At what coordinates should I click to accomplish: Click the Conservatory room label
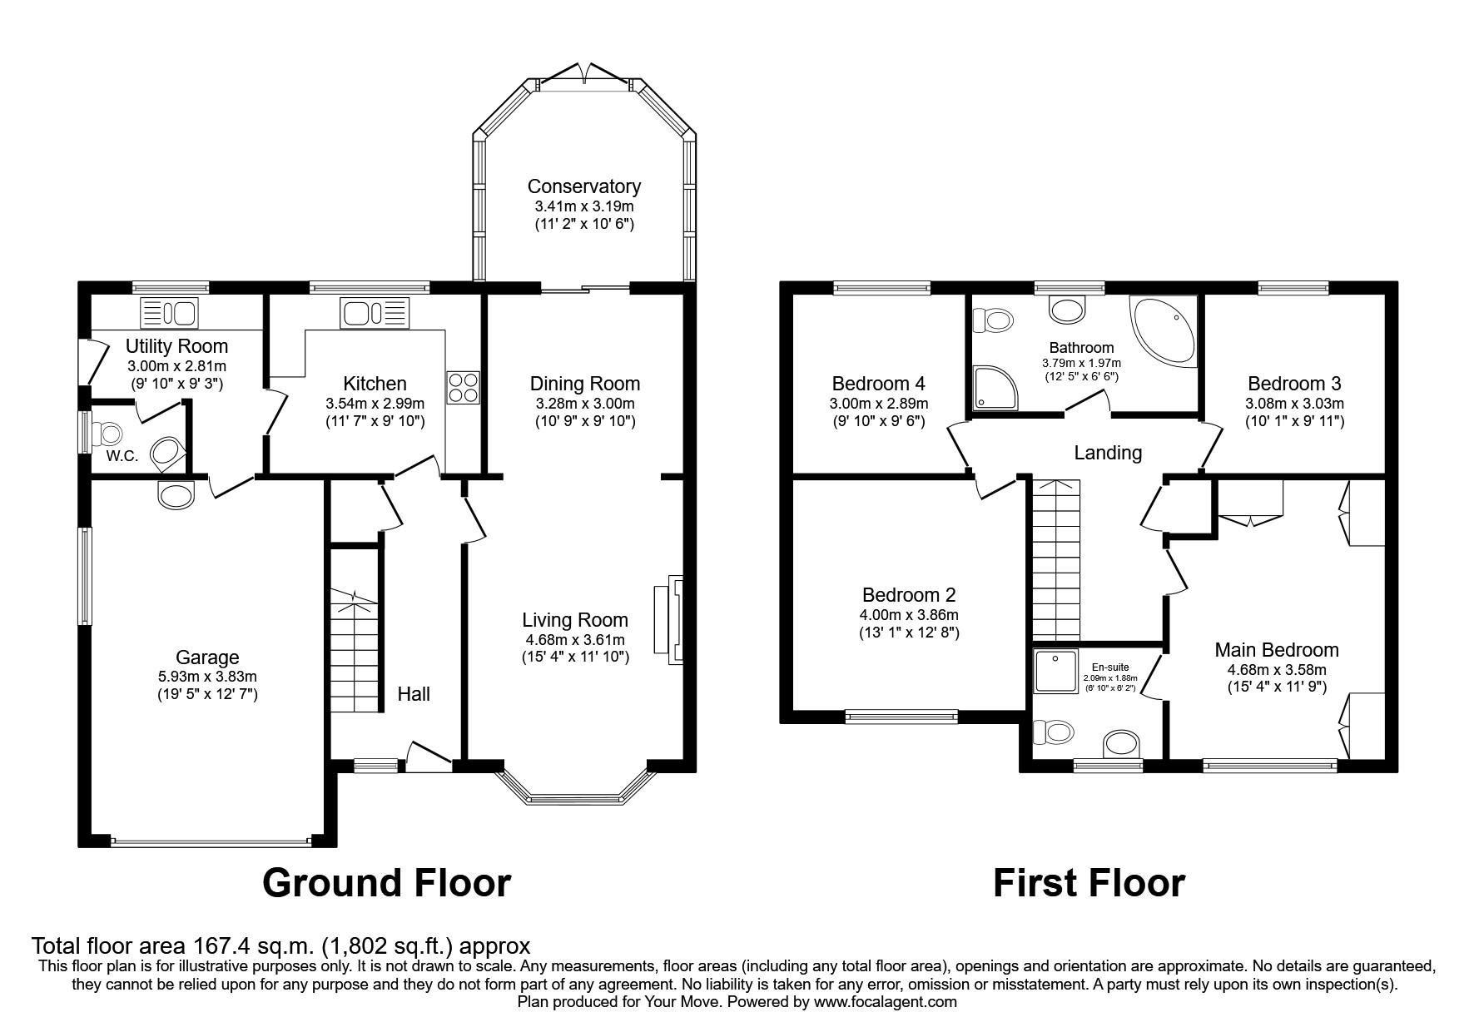click(x=583, y=186)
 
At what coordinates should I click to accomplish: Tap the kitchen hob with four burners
click(x=463, y=387)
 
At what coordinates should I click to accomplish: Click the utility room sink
click(x=170, y=314)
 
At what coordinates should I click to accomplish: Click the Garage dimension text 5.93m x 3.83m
click(x=207, y=677)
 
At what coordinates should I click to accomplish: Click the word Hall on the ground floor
click(x=414, y=694)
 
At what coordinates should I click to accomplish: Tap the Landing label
click(x=1107, y=453)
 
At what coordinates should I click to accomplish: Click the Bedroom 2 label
click(x=909, y=595)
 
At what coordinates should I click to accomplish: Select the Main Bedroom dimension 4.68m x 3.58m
click(x=1276, y=669)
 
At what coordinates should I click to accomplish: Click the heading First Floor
click(x=1088, y=883)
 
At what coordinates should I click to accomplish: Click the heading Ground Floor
click(x=386, y=883)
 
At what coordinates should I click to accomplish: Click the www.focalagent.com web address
click(x=885, y=1002)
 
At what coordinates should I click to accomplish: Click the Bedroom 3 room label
click(x=1293, y=384)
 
